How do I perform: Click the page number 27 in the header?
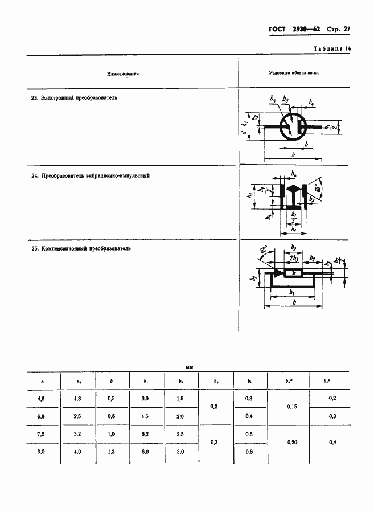(345, 29)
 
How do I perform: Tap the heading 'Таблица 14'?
(332, 49)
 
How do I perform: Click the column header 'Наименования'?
(123, 74)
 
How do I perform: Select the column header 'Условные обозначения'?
(293, 73)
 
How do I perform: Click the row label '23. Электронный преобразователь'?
(74, 98)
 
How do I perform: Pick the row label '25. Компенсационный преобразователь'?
(81, 249)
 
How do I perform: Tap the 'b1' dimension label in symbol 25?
(291, 292)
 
